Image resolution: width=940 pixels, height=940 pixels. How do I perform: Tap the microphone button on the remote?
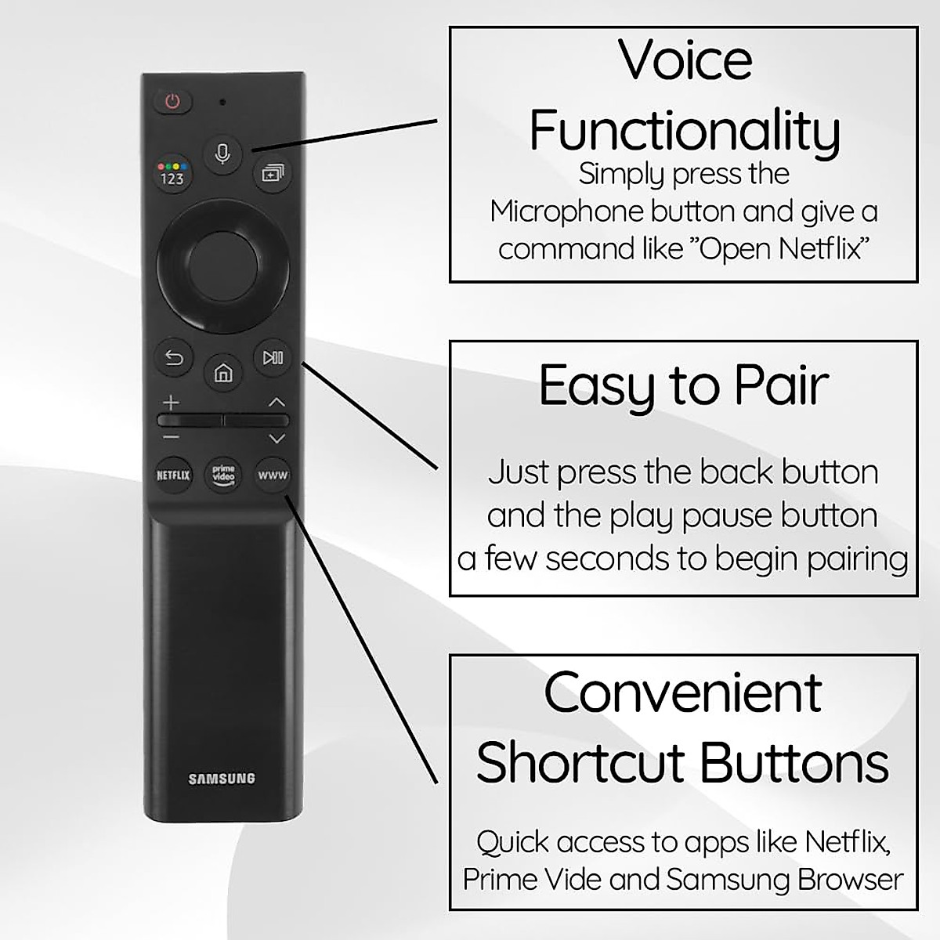222,154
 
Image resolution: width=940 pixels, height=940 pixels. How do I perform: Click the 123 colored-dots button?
172,174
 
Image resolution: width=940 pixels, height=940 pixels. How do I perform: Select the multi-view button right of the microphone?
272,173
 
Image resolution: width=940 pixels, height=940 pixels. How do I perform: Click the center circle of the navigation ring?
222,267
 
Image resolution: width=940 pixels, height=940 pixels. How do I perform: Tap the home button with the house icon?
223,373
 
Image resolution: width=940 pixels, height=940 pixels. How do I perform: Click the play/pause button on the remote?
273,357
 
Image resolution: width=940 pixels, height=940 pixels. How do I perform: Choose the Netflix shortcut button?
173,475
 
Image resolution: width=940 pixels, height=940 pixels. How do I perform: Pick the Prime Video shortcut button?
223,475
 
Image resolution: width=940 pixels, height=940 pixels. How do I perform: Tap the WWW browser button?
273,475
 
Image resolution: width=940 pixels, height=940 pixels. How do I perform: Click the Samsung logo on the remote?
222,779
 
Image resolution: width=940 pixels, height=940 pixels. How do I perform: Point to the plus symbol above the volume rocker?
171,403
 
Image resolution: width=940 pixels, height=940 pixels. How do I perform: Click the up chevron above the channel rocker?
276,403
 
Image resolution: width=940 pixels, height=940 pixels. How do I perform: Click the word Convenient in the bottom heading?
683,692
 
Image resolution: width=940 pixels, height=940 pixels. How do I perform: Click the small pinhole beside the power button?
223,103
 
